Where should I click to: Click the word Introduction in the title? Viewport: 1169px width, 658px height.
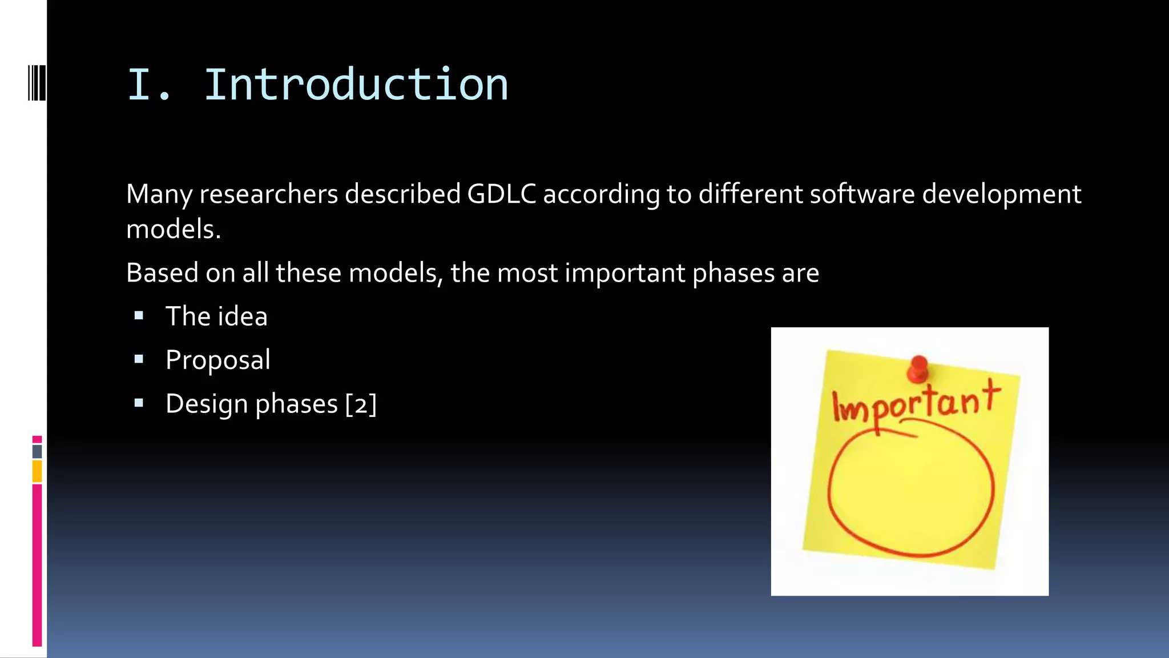[356, 85]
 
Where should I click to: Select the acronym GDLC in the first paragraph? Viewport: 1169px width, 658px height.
[501, 194]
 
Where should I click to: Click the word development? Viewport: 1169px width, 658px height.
[1001, 194]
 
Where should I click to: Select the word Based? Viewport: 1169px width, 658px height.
[162, 273]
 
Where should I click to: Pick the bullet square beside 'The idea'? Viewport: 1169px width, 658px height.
[139, 315]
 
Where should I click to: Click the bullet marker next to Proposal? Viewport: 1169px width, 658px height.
[139, 359]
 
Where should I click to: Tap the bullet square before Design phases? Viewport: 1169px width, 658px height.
[139, 403]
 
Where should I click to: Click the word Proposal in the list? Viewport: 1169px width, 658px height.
[218, 360]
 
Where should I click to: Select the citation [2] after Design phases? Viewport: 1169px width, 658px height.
[361, 404]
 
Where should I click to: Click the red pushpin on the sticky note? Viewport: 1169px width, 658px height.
[918, 368]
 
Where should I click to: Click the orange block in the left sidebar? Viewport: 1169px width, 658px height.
[37, 472]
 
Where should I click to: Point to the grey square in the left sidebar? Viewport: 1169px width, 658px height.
[37, 451]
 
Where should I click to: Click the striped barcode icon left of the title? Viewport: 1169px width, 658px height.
[37, 83]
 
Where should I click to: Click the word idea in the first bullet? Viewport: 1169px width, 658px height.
[243, 316]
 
